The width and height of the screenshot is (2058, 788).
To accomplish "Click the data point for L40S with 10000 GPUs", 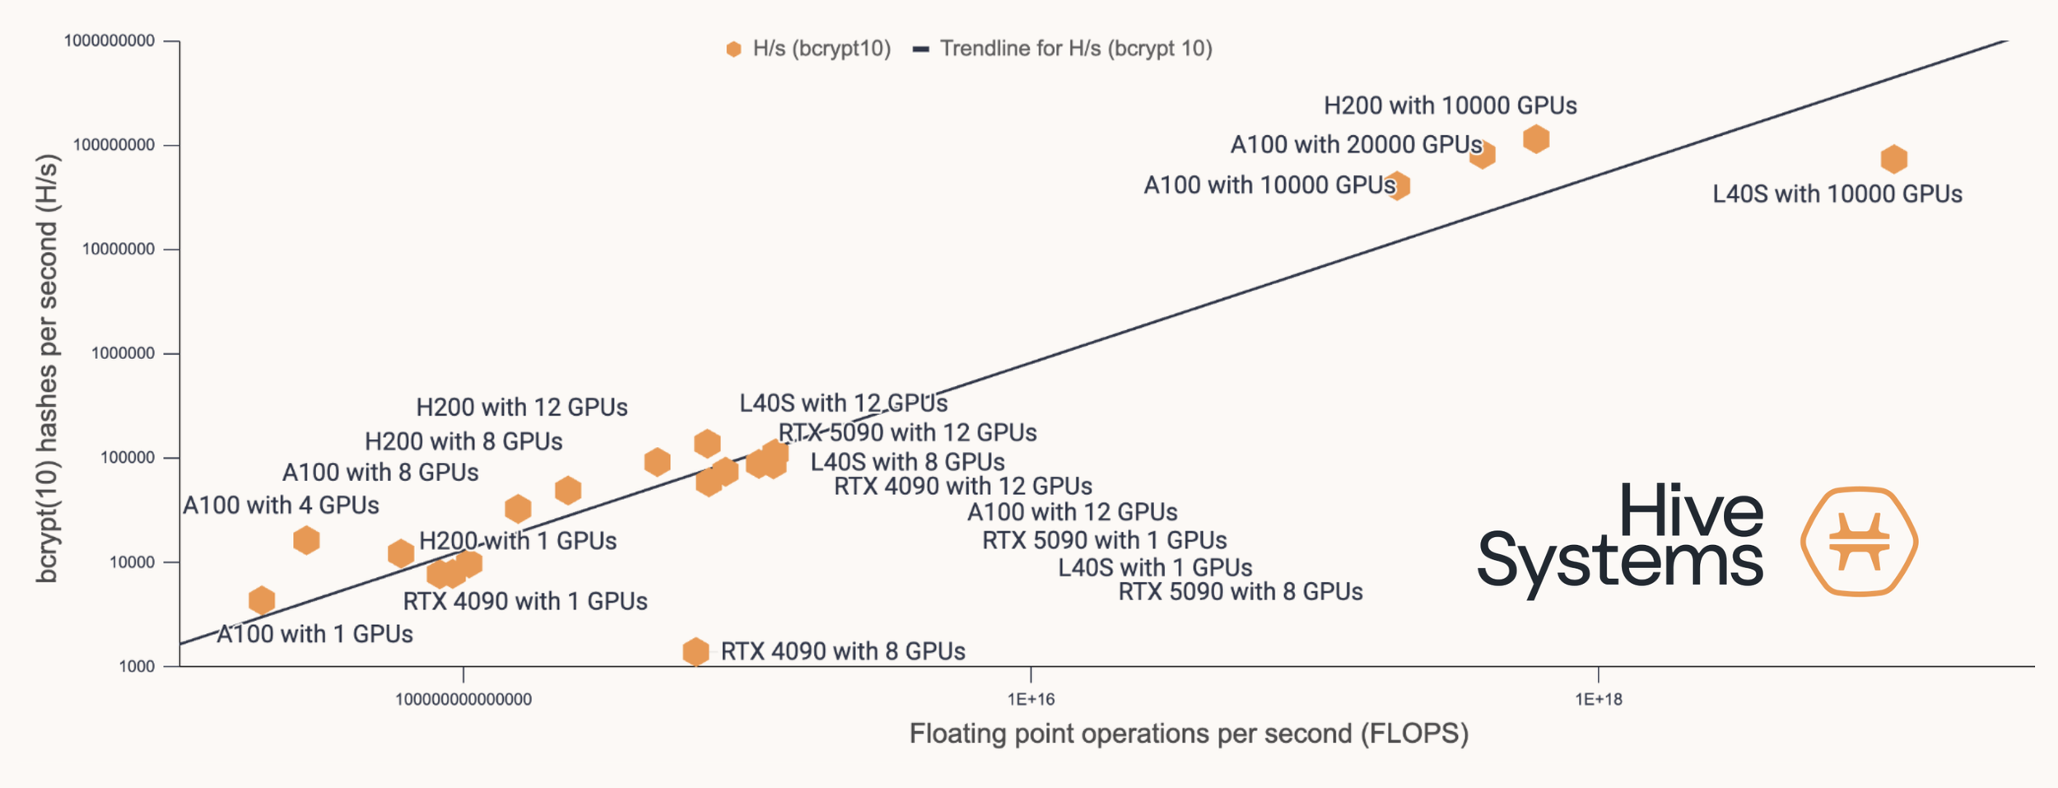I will tap(1894, 159).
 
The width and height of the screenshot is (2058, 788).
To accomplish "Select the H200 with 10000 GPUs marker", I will tap(1536, 139).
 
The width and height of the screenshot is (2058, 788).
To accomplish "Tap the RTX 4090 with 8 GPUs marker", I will tap(696, 651).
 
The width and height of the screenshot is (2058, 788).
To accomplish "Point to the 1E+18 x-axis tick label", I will tap(1598, 700).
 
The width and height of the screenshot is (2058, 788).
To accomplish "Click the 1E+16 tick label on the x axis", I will tap(1031, 700).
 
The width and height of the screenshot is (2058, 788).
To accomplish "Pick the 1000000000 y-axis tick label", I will tap(109, 41).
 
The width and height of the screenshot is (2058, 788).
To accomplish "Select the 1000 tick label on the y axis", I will tap(137, 667).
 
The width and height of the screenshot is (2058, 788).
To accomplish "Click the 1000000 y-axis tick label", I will tap(123, 354).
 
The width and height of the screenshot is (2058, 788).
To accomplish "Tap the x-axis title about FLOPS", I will tap(1188, 734).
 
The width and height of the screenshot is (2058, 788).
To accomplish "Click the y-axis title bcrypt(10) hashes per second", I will tap(48, 368).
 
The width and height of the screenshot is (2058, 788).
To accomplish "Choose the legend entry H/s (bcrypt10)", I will tap(808, 49).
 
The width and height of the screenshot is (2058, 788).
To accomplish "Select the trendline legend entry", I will tap(1063, 49).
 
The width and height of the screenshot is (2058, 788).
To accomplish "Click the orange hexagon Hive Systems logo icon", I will tap(1859, 541).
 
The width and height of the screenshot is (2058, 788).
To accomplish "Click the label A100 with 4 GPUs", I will tap(281, 506).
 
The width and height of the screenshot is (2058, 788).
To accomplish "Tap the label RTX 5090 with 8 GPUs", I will tap(1240, 592).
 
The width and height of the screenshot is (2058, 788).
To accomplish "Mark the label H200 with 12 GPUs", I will tap(521, 408).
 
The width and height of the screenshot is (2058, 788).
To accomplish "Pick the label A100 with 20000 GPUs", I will tap(1355, 145).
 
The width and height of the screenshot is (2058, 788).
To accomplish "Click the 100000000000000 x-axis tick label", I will tap(463, 700).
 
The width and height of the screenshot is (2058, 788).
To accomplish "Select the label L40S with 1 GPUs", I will tap(1155, 568).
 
